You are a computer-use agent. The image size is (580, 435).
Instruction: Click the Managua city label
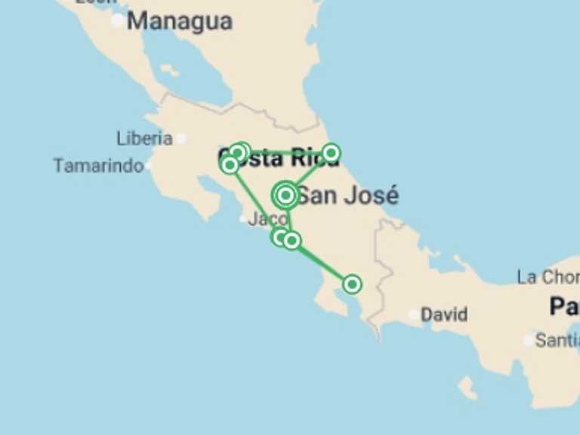coord(179,21)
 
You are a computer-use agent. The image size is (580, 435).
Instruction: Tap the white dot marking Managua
coord(118,21)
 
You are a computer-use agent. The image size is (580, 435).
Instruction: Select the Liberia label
coord(144,138)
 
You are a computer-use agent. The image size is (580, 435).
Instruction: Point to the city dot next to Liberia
coord(181,138)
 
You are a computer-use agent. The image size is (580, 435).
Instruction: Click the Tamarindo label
coord(98,165)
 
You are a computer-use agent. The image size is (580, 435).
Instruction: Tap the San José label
coord(347,196)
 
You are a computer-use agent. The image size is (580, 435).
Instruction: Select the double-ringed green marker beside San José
coord(285,196)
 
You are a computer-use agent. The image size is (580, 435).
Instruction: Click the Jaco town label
coord(267,219)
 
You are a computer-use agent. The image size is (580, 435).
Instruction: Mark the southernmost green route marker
coord(352,284)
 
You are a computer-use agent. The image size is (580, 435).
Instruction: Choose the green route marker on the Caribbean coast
coord(331,154)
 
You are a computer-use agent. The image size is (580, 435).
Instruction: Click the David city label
coord(444,314)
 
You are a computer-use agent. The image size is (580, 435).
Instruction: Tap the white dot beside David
coord(413,314)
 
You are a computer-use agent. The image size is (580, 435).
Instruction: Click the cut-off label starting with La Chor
coord(548,277)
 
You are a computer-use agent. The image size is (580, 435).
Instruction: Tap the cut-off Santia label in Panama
coord(557,341)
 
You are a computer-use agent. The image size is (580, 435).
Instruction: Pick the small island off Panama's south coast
coord(467,387)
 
